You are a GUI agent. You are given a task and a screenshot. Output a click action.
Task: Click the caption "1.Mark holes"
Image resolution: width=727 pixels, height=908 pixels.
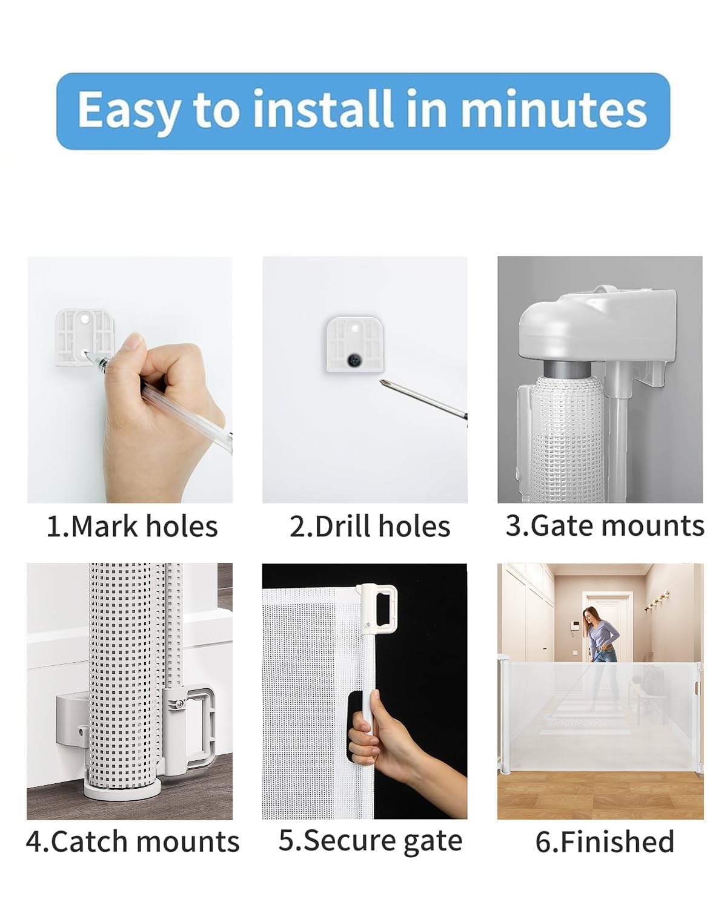132,526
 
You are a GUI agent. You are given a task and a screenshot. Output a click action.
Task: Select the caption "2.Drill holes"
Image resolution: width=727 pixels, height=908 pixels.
370,526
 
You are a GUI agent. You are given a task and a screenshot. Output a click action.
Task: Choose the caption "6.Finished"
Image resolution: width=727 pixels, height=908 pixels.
605,841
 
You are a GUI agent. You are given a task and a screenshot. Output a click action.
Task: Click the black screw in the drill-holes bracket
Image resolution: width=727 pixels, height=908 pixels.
352,360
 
